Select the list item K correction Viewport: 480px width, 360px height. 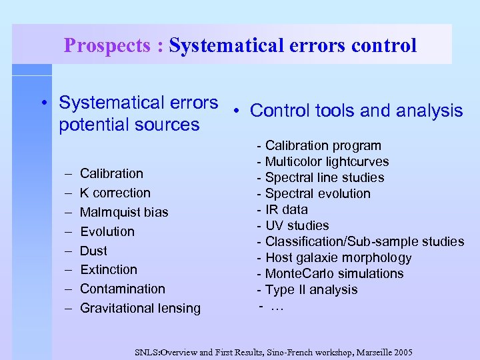click(x=115, y=193)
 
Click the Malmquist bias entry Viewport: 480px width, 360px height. click(x=124, y=212)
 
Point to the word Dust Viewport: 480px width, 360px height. click(x=93, y=251)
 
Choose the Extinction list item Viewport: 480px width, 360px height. click(x=109, y=269)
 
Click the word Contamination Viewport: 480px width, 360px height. click(x=123, y=289)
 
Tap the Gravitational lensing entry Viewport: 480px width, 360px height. click(x=140, y=308)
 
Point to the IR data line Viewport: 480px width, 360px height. click(x=286, y=209)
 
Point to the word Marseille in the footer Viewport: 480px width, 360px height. click(x=363, y=351)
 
